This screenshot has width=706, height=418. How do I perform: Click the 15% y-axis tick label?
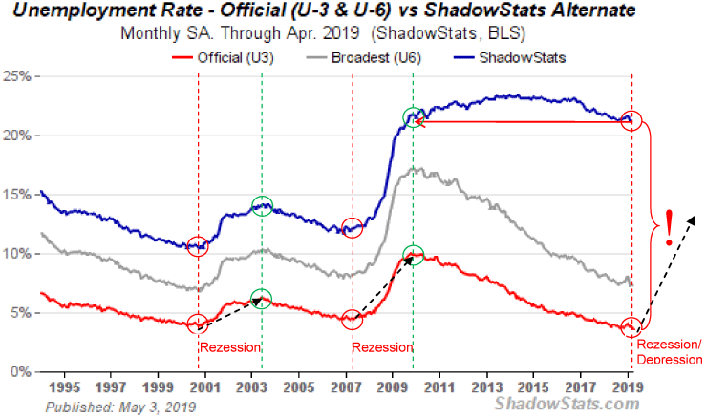[18, 195]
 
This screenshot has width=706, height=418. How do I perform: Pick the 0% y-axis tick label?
[22, 371]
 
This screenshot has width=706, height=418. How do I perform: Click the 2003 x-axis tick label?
[251, 388]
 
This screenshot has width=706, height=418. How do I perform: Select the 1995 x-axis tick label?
[64, 388]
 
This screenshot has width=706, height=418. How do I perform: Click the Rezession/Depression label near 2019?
[669, 351]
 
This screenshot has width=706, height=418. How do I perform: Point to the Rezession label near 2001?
[229, 346]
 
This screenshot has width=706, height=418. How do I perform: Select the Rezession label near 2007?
[382, 346]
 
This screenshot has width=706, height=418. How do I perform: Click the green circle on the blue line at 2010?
[413, 118]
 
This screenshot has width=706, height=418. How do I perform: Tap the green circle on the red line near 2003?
[262, 299]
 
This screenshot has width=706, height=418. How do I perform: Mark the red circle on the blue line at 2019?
[631, 121]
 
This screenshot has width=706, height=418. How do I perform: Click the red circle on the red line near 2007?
[353, 320]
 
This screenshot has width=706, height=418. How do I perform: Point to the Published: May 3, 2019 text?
[120, 407]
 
